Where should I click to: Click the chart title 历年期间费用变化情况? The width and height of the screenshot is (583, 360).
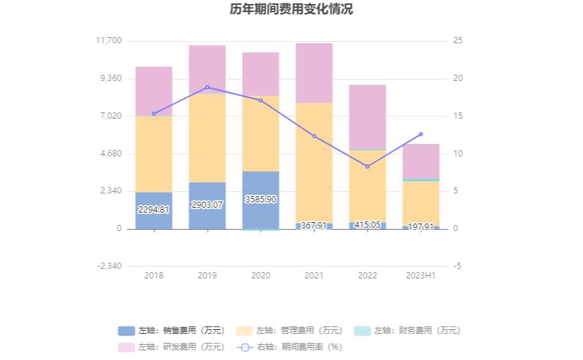click(291, 10)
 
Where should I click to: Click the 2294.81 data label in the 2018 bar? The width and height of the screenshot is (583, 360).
click(154, 210)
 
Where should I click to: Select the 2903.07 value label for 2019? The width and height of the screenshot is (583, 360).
click(207, 205)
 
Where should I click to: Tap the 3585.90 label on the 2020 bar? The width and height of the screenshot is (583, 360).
click(261, 199)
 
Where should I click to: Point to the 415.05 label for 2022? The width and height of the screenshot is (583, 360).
click(368, 225)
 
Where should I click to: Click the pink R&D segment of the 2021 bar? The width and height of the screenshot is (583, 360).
click(314, 73)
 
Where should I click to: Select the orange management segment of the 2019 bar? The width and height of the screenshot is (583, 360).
click(207, 137)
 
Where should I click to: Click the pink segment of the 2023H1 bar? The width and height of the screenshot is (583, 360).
click(421, 161)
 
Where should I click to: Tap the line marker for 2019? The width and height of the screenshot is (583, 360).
click(207, 87)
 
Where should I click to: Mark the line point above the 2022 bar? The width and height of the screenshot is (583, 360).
click(368, 167)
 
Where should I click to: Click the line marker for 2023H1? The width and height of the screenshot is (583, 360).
click(421, 134)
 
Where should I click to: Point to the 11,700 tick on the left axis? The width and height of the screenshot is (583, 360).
click(108, 40)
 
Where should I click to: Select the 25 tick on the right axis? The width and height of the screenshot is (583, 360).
click(458, 40)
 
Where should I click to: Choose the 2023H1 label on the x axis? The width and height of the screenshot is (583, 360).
click(421, 276)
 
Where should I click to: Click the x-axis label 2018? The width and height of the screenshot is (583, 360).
click(154, 276)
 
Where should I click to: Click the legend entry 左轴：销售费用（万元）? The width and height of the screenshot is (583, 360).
click(171, 331)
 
